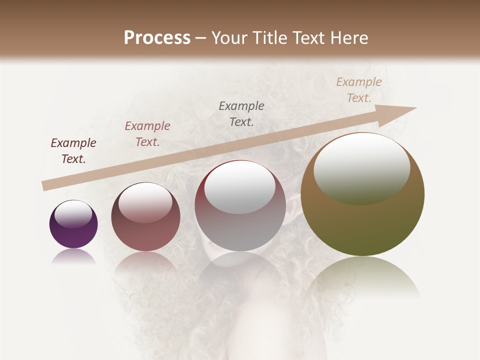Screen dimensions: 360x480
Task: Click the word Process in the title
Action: point(157,38)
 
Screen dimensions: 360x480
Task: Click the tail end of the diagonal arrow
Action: point(44,186)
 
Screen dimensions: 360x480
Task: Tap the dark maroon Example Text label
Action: point(73,151)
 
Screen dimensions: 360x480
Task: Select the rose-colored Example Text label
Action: point(147,134)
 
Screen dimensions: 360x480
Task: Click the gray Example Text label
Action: point(241,114)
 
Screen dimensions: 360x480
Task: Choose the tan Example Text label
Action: point(359,90)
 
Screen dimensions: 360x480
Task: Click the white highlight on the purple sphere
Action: point(73,213)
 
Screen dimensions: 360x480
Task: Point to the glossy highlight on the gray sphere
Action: point(240,187)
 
